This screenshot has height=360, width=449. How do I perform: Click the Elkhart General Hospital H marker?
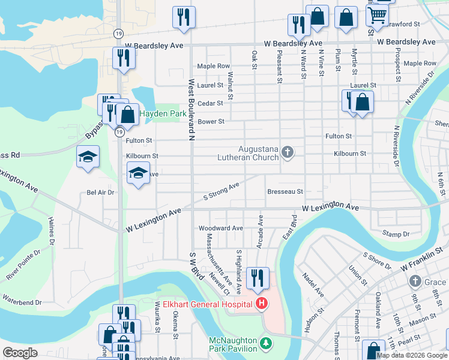[x=262, y=304]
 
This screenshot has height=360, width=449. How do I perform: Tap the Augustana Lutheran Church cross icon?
[x=288, y=152]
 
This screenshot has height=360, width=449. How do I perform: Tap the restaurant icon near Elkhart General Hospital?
[x=258, y=277]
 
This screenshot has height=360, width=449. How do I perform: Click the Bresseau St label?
[x=285, y=191]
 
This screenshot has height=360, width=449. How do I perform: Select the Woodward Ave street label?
[x=221, y=228]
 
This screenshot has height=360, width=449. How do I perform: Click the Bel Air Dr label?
[x=100, y=192]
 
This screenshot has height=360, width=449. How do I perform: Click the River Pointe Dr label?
[x=23, y=265]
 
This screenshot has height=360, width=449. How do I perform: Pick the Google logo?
[x=20, y=353]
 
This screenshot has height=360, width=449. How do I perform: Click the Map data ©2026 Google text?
[x=411, y=355]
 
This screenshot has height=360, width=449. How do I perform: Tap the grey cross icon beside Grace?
[x=415, y=281]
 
